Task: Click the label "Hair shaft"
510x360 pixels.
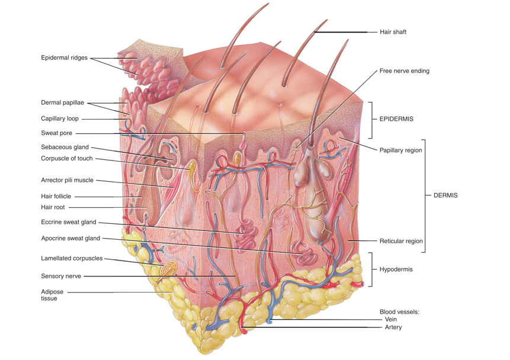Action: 393,32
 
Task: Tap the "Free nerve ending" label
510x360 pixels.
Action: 404,71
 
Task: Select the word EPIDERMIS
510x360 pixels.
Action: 396,119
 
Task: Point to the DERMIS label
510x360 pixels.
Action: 445,195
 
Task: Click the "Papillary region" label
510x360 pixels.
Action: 400,150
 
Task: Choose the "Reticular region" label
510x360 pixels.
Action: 401,241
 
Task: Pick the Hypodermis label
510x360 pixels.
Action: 396,269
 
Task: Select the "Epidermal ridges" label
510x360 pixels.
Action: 64,58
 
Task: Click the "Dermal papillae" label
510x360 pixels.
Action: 62,102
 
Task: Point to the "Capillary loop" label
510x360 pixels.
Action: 59,118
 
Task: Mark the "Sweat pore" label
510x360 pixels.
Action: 56,133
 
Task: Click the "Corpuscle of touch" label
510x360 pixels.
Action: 67,158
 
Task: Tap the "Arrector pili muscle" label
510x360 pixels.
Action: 67,180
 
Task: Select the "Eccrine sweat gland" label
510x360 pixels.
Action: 68,223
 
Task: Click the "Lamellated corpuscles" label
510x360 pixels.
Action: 72,258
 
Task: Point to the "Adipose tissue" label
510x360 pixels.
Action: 53,295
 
